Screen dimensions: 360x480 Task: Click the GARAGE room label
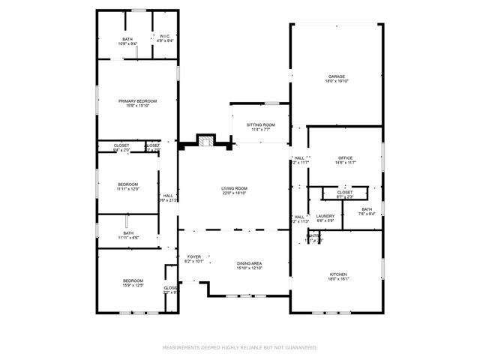click(x=336, y=76)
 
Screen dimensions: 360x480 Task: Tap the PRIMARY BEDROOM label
click(x=136, y=100)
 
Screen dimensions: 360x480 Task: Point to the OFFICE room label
click(x=344, y=157)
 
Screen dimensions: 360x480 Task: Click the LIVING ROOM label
click(x=234, y=188)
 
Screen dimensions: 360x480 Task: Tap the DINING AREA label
click(x=249, y=263)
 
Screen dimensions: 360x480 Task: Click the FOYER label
click(x=193, y=256)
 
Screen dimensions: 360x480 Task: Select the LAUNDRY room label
click(x=325, y=216)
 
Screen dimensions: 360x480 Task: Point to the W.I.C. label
click(x=165, y=36)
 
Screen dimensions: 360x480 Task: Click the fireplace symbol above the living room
click(x=205, y=142)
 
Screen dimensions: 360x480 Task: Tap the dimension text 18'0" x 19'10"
click(x=336, y=82)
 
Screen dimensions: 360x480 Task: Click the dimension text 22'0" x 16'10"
click(x=234, y=193)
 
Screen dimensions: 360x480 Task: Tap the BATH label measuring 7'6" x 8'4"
click(x=366, y=210)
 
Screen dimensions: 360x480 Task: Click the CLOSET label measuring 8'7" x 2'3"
click(x=345, y=192)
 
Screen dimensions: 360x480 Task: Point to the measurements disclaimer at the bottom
click(x=240, y=347)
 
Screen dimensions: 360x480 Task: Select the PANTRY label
click(x=313, y=235)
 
